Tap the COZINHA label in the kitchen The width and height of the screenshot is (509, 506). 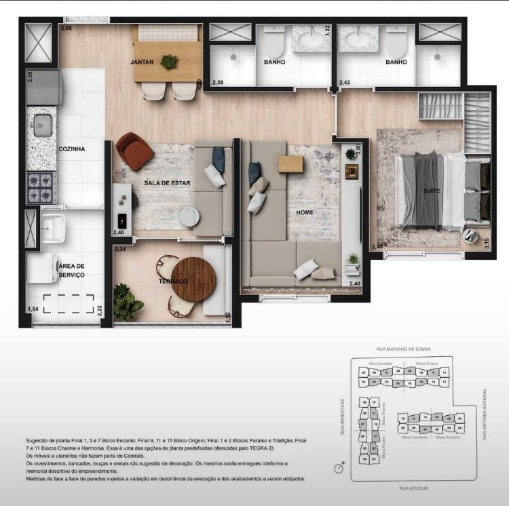pos(72,149)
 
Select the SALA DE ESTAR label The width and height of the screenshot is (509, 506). pos(167,183)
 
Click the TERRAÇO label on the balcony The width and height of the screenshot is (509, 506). pos(173,280)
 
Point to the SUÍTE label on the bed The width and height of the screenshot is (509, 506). pos(432,191)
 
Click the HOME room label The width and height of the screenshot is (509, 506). pos(305,212)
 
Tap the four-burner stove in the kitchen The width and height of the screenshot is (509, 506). pos(40,187)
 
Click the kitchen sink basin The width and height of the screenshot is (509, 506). pos(43,125)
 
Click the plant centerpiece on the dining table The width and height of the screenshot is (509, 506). pos(169,62)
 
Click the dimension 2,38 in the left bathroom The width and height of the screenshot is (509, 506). pos(219,82)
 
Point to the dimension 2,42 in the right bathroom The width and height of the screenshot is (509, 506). pos(345,82)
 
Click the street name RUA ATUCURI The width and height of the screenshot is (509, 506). pos(413,488)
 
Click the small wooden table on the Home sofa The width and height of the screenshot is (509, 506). pos(290,164)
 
